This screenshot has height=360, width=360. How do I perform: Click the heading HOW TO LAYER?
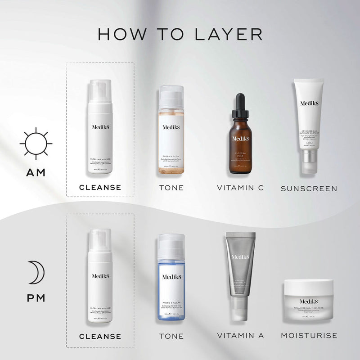(180, 35)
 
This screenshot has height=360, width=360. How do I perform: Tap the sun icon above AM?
(36, 144)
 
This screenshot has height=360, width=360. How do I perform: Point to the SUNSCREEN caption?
(309, 188)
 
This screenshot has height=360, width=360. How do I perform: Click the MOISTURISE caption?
(309, 335)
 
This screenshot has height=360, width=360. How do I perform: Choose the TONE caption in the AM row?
(171, 188)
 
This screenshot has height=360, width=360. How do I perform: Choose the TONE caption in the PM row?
(171, 336)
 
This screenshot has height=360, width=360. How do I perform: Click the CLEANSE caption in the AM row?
(100, 187)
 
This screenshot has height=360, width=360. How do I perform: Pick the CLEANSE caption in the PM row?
(100, 336)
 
